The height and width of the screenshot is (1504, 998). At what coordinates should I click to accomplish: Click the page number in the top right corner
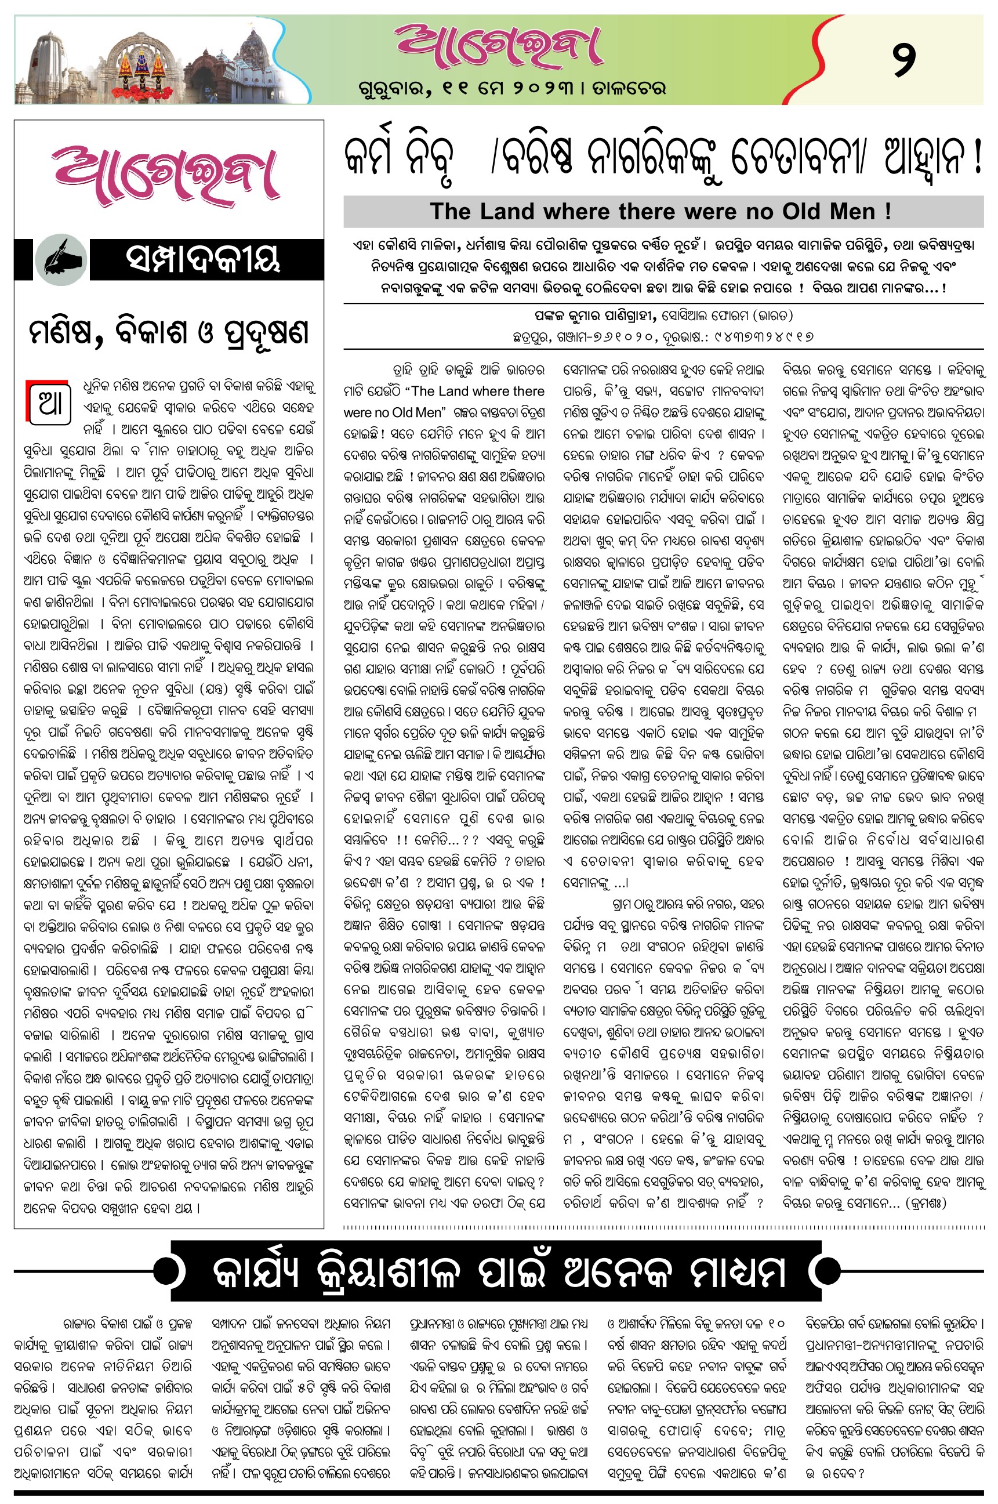point(904,59)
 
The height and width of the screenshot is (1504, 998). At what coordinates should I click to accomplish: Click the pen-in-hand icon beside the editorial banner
point(60,260)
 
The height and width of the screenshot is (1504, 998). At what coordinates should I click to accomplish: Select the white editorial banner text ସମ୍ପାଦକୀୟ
point(203,260)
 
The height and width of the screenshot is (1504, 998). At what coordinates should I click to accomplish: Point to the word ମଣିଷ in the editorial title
point(66,332)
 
